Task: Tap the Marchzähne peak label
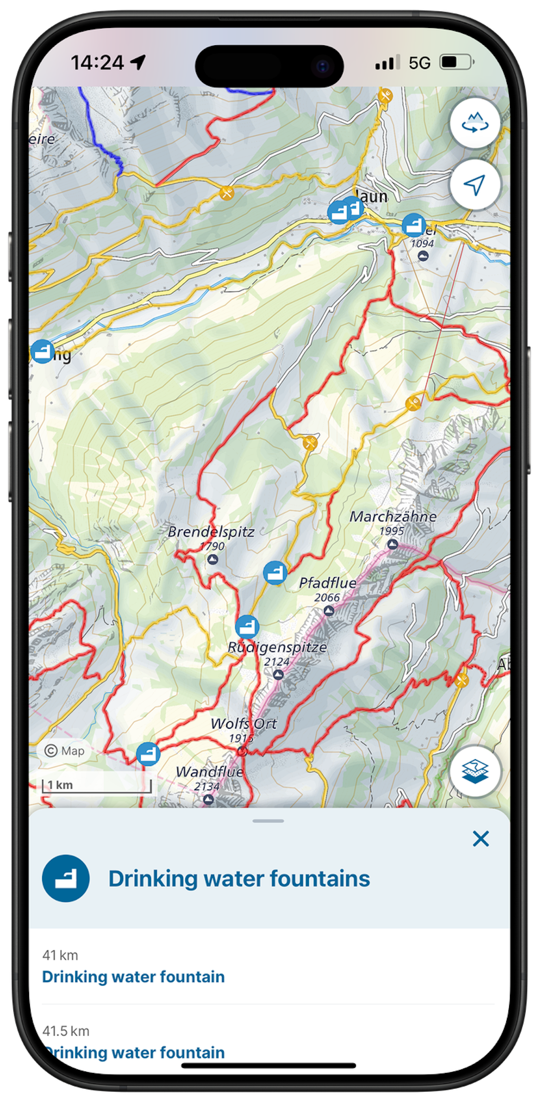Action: [393, 517]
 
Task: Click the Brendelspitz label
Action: [211, 532]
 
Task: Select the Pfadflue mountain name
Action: [327, 583]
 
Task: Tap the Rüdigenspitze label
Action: [277, 647]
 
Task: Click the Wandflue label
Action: [209, 772]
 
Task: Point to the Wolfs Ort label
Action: [243, 724]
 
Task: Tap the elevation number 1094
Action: [422, 244]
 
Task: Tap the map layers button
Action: [475, 771]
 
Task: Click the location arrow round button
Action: [475, 185]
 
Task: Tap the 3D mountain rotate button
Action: [475, 123]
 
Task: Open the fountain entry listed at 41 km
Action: [133, 977]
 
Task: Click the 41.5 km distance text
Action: [66, 1030]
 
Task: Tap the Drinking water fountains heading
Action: [239, 879]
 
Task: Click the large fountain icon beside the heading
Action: [66, 878]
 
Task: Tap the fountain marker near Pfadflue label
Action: [275, 572]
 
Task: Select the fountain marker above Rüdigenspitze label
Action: [247, 627]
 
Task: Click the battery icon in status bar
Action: [456, 63]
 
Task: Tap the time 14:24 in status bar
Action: [97, 63]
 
